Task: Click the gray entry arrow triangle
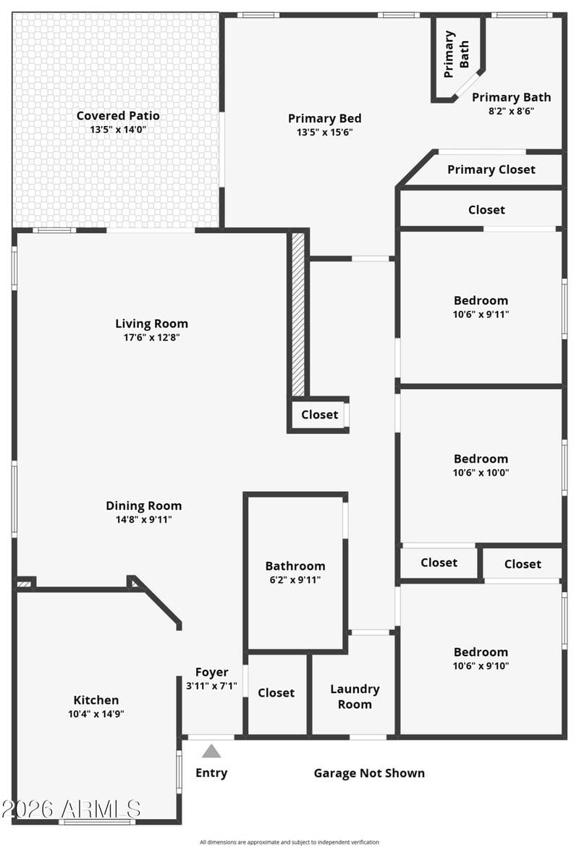point(211,751)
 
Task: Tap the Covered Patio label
point(118,116)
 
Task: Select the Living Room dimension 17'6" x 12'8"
point(151,337)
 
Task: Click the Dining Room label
point(144,505)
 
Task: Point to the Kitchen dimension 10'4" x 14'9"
point(96,714)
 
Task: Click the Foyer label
point(211,672)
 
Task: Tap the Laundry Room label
point(355,697)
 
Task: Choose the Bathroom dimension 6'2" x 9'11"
point(295,580)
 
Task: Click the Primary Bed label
point(324,119)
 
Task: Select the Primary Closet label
point(491,169)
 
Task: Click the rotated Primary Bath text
point(456,54)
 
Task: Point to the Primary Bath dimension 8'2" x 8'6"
point(512,111)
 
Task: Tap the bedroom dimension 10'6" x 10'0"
point(481,473)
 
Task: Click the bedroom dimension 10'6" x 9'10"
point(481,666)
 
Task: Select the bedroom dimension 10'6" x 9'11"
point(481,314)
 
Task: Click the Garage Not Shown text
point(369,773)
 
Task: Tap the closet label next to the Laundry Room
point(276,693)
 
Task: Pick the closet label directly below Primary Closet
point(486,210)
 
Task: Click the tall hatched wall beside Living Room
point(298,314)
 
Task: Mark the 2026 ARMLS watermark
point(71,809)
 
